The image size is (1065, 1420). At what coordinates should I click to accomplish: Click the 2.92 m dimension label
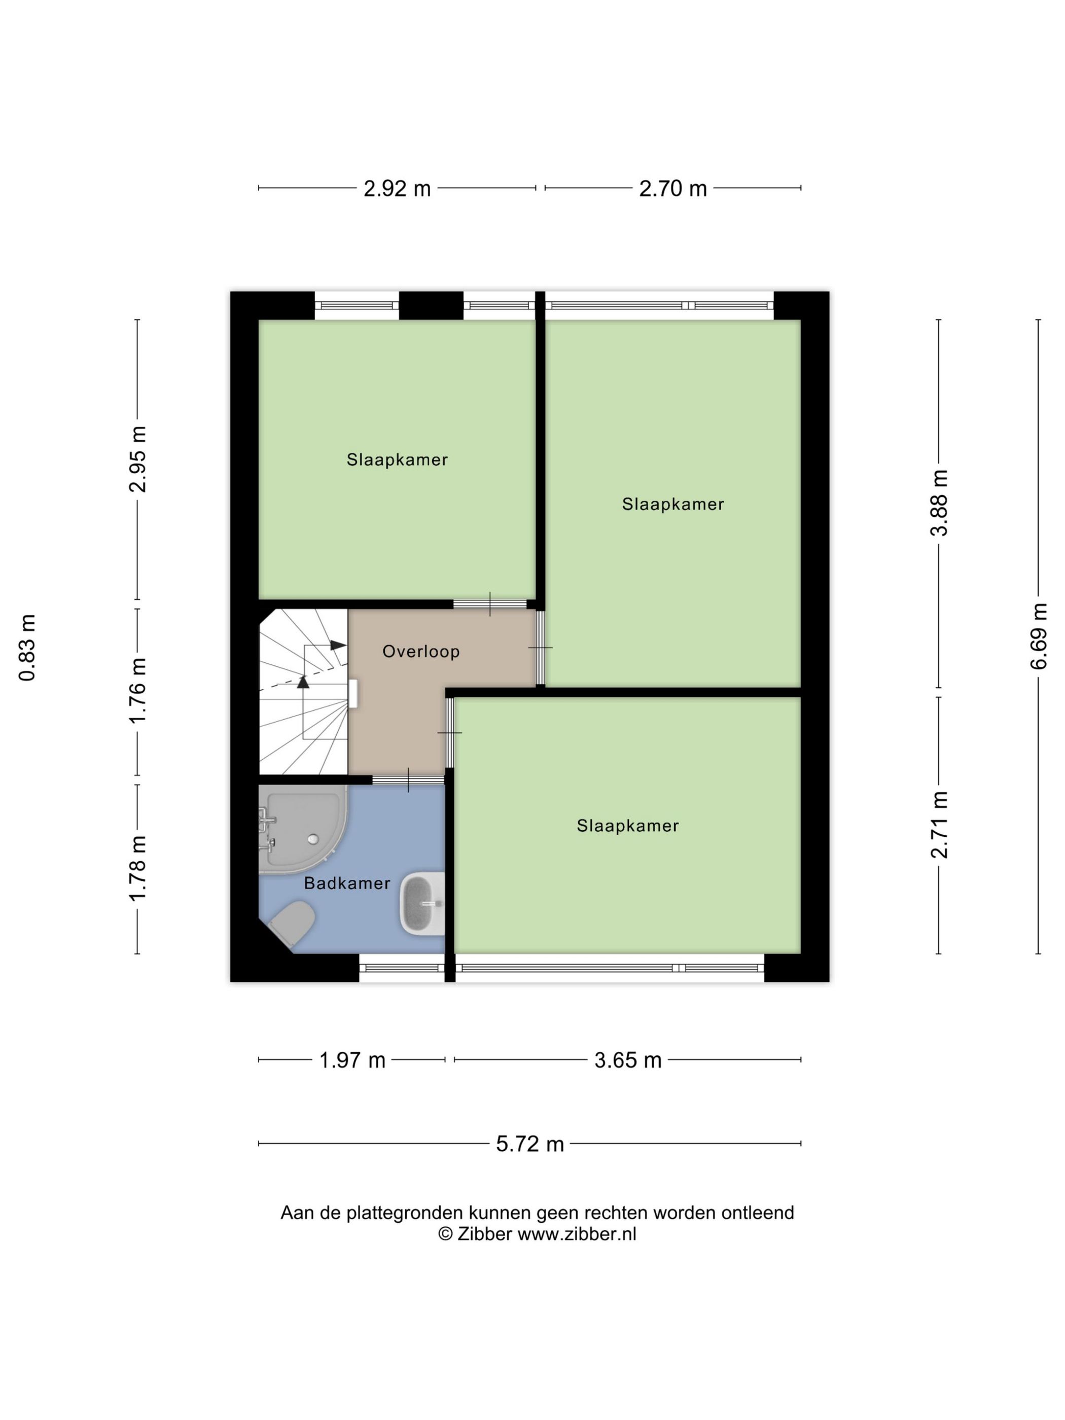pos(397,189)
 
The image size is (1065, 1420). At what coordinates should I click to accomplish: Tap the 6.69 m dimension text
pos(1038,636)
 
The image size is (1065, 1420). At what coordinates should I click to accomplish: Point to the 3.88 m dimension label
pos(939,503)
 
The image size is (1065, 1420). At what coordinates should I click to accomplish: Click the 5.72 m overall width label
pos(529,1144)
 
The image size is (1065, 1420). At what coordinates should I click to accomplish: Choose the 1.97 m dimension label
pos(352,1060)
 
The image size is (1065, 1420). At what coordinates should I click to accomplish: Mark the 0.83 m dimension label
pos(27,647)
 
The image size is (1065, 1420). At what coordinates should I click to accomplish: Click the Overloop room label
pos(420,652)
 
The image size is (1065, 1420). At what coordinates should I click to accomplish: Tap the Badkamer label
pos(347,883)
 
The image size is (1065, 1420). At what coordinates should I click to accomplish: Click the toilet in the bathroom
pos(293,922)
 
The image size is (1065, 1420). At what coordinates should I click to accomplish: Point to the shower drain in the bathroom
pos(312,839)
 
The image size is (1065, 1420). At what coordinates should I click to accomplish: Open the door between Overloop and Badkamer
pos(408,780)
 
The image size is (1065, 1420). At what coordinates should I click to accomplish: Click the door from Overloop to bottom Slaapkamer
pos(449,732)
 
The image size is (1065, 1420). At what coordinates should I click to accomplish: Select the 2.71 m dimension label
pos(939,825)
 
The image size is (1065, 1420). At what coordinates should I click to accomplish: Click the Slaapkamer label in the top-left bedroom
pos(397,459)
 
